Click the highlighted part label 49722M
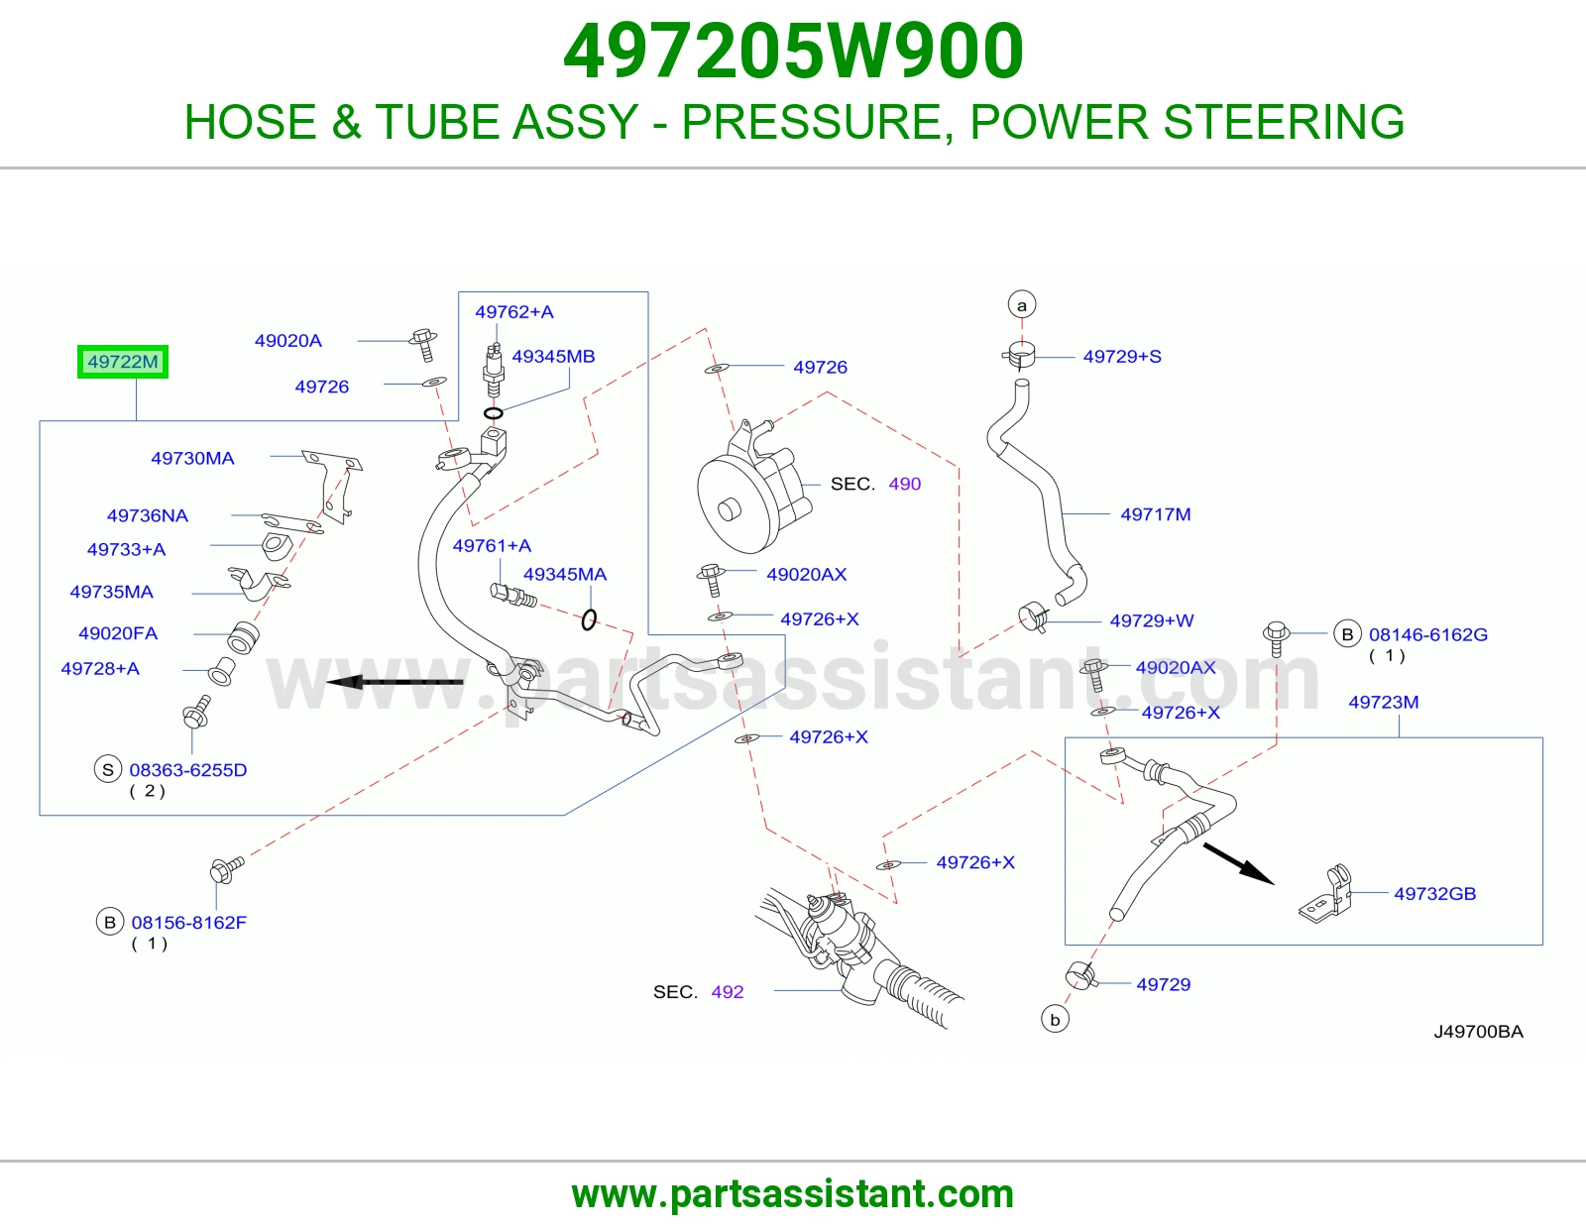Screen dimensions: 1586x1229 [123, 361]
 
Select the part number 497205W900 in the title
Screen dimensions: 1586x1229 [793, 52]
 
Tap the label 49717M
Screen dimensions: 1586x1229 [1156, 514]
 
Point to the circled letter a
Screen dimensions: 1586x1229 [1022, 305]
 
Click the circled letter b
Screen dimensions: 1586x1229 [1055, 1020]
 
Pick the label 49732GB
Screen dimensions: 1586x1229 [1435, 894]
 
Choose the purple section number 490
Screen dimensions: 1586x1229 [905, 484]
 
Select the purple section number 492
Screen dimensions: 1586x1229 [728, 992]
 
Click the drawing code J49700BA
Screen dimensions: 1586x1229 [1478, 1032]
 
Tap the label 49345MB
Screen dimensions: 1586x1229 [553, 356]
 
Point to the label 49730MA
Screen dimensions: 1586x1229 [192, 458]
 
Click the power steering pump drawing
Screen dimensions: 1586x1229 [751, 487]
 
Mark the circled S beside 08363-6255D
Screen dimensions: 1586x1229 [108, 769]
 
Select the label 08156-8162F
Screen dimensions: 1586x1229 [189, 923]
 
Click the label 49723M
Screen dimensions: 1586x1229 [1384, 702]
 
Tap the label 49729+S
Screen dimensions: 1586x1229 [1122, 356]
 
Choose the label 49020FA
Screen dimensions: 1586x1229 [118, 633]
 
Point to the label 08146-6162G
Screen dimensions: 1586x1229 [1428, 635]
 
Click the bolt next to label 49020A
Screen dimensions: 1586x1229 [424, 345]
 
